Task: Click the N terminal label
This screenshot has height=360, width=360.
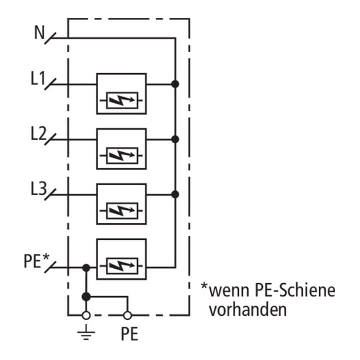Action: (x=39, y=32)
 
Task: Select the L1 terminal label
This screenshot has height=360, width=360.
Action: (x=38, y=78)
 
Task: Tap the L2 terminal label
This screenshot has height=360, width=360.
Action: (x=39, y=133)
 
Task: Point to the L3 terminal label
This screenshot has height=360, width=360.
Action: (x=39, y=188)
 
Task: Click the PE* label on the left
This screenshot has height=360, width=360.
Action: (x=37, y=261)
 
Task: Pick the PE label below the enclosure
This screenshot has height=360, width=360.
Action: (x=129, y=334)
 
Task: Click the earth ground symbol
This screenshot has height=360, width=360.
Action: (x=86, y=332)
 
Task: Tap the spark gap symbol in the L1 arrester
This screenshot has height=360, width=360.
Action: (x=122, y=100)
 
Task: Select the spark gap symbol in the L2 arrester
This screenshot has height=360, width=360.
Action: (x=122, y=155)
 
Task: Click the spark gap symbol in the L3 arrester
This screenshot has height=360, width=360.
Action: (x=122, y=211)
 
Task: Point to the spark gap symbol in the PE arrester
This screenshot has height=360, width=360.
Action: (x=122, y=266)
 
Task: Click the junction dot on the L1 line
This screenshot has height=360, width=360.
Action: (x=175, y=84)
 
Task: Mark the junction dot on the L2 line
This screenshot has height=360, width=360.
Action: (x=175, y=139)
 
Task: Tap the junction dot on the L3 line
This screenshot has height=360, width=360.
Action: (x=175, y=194)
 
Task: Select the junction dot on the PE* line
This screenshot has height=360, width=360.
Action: (x=86, y=268)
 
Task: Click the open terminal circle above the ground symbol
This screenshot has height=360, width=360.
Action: (x=86, y=315)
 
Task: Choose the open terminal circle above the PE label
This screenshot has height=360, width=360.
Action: (x=128, y=315)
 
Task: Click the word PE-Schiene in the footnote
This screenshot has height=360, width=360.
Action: (x=295, y=290)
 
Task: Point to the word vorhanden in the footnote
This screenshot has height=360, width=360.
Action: (x=248, y=310)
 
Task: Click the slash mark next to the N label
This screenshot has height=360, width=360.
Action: (x=50, y=38)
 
